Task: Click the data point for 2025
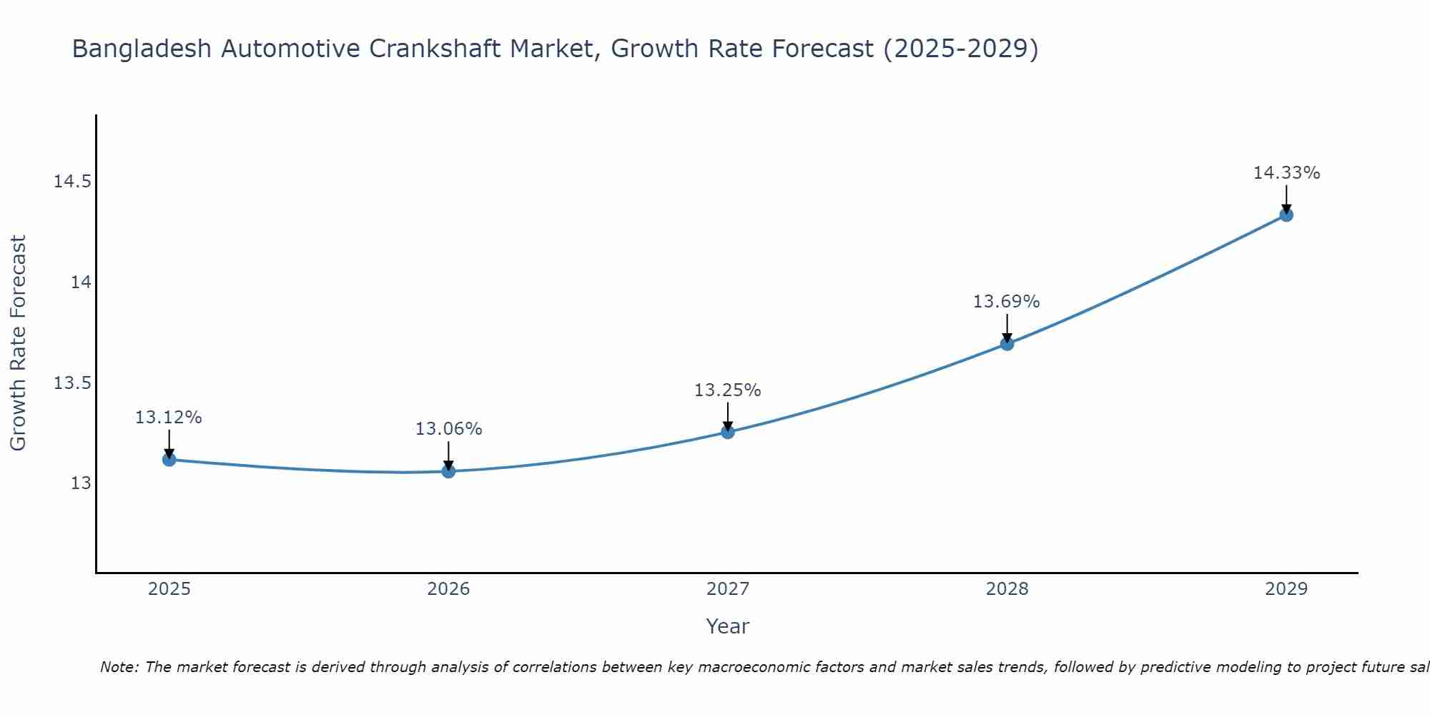169,459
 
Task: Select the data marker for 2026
448,471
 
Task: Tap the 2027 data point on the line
728,432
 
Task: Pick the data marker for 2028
1007,343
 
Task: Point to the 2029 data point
1286,214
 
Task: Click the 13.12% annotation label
169,418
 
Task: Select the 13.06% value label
448,429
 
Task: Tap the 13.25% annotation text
728,390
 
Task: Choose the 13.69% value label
1007,302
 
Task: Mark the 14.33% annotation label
1286,173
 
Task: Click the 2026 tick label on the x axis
448,589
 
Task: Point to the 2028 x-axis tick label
1007,589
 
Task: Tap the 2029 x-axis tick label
1286,589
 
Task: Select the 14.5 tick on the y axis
73,182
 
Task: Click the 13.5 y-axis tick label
73,383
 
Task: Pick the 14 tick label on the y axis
81,282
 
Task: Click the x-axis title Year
728,626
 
